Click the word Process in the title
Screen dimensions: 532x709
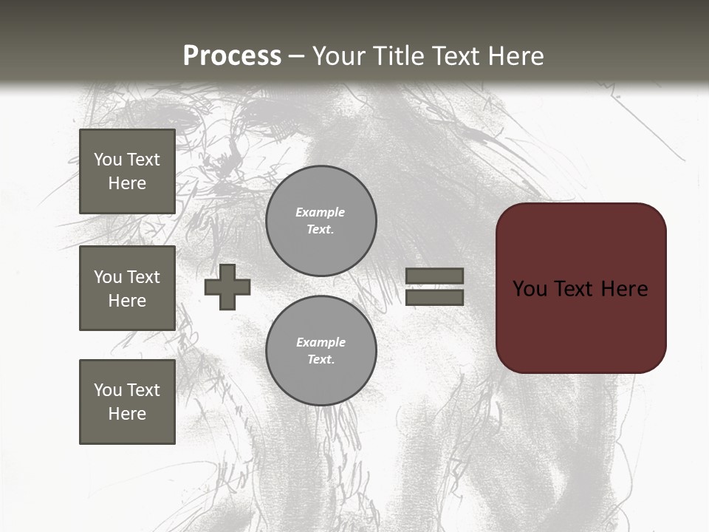[x=232, y=56]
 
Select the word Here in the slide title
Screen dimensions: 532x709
[x=515, y=56]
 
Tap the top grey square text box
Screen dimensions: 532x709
[x=127, y=171]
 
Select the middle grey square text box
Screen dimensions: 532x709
[x=127, y=288]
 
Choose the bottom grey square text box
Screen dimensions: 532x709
[x=127, y=402]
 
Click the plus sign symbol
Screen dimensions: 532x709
[x=227, y=287]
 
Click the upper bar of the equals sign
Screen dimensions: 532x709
[x=434, y=276]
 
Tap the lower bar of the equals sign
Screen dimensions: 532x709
[x=434, y=297]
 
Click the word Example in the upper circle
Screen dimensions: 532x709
[x=321, y=212]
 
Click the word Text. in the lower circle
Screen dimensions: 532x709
[x=321, y=360]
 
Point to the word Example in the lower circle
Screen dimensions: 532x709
[x=321, y=342]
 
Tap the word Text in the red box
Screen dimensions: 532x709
[x=575, y=289]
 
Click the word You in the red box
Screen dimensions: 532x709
[x=530, y=289]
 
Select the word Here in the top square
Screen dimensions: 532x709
[x=127, y=183]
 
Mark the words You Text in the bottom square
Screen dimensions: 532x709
[x=127, y=390]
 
